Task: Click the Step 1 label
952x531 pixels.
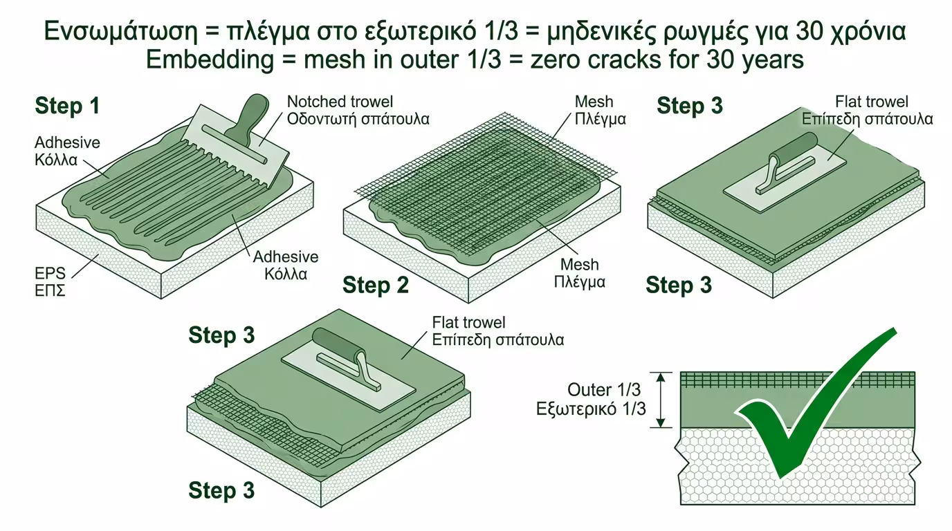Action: point(67,106)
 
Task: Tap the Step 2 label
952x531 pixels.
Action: point(376,285)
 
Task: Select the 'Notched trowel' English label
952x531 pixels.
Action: point(340,102)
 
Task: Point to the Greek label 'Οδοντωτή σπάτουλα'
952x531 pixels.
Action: point(358,118)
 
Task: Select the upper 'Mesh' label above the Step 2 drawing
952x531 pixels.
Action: point(594,102)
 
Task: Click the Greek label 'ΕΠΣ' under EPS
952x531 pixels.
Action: point(50,290)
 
